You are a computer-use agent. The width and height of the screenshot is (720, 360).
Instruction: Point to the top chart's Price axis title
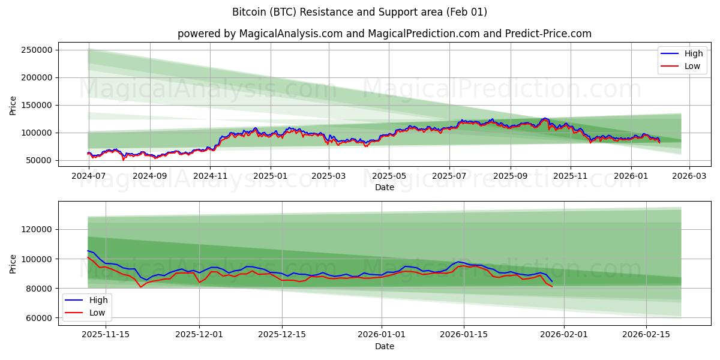pyautogui.click(x=13, y=105)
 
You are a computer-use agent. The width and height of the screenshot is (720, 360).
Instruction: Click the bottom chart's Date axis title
pyautogui.click(x=384, y=346)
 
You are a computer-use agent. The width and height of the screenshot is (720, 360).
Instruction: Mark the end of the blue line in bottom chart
pyautogui.click(x=552, y=281)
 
